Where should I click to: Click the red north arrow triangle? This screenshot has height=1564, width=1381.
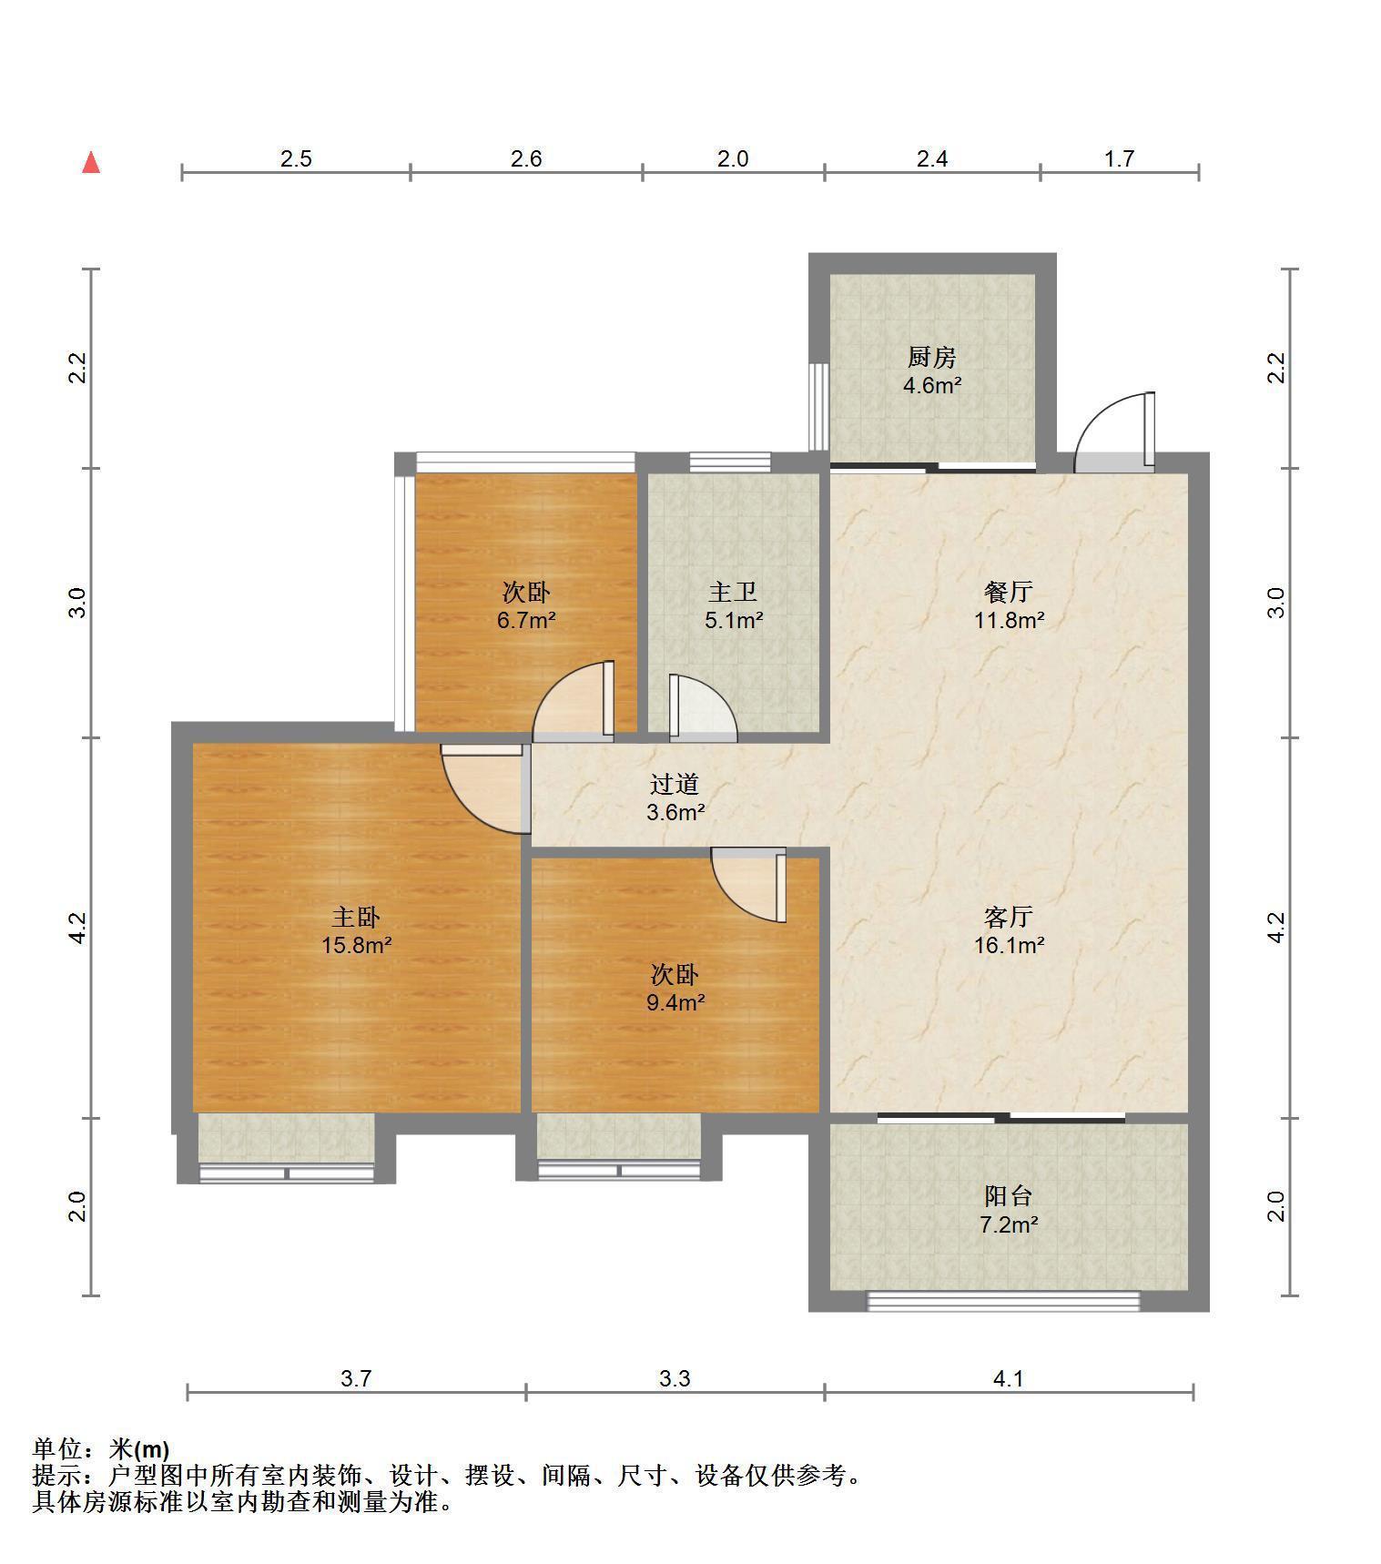click(91, 162)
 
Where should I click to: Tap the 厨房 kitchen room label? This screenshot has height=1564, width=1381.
click(932, 357)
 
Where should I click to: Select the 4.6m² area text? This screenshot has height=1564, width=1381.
click(932, 385)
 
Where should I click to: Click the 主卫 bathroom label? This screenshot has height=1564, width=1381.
click(733, 592)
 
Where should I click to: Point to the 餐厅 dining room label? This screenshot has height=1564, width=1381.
click(1009, 592)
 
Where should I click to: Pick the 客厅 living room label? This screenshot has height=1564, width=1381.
click(1009, 916)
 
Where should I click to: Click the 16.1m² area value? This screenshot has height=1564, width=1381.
click(1009, 945)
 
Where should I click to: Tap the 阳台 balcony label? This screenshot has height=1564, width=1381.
click(1009, 1196)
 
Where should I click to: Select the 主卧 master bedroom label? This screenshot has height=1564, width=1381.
click(356, 916)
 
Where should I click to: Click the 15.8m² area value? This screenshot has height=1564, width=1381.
click(356, 945)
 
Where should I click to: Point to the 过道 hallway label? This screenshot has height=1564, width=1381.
click(675, 784)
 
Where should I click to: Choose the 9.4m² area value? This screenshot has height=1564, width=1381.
click(675, 1003)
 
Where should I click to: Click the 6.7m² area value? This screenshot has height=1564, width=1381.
click(526, 621)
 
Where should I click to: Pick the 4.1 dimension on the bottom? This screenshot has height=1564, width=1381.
click(1009, 1379)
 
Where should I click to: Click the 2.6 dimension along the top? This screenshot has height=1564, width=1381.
click(526, 159)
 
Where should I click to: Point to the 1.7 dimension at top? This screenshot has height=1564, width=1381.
click(1119, 159)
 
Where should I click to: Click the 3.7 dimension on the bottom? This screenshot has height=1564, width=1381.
click(356, 1379)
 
